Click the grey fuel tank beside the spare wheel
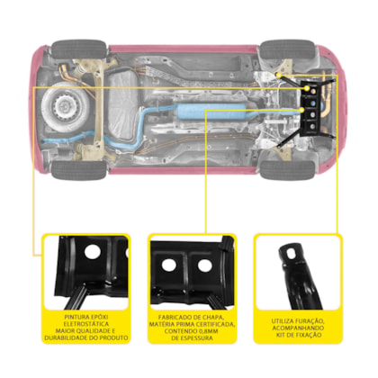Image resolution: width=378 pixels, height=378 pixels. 123,105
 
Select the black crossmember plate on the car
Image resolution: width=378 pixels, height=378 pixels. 312,109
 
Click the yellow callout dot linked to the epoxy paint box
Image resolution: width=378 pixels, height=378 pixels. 307,88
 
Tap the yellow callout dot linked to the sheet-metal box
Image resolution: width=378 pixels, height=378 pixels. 301,110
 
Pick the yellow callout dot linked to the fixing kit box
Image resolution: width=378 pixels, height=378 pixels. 279,75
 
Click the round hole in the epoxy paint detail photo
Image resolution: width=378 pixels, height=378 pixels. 92,251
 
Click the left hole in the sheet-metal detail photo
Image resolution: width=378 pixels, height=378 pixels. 169,265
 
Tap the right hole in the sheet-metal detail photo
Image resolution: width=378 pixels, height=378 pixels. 204,265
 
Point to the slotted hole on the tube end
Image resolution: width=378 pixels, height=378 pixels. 289,254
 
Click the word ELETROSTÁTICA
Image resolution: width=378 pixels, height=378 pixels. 86,324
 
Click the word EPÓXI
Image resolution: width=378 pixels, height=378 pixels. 100,317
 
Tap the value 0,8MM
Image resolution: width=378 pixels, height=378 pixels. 207,331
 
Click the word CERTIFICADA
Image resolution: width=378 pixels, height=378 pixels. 215,324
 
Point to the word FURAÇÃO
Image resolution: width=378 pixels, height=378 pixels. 309,321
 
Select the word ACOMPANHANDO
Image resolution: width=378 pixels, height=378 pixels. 298,328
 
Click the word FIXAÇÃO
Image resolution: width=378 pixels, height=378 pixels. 307,335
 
